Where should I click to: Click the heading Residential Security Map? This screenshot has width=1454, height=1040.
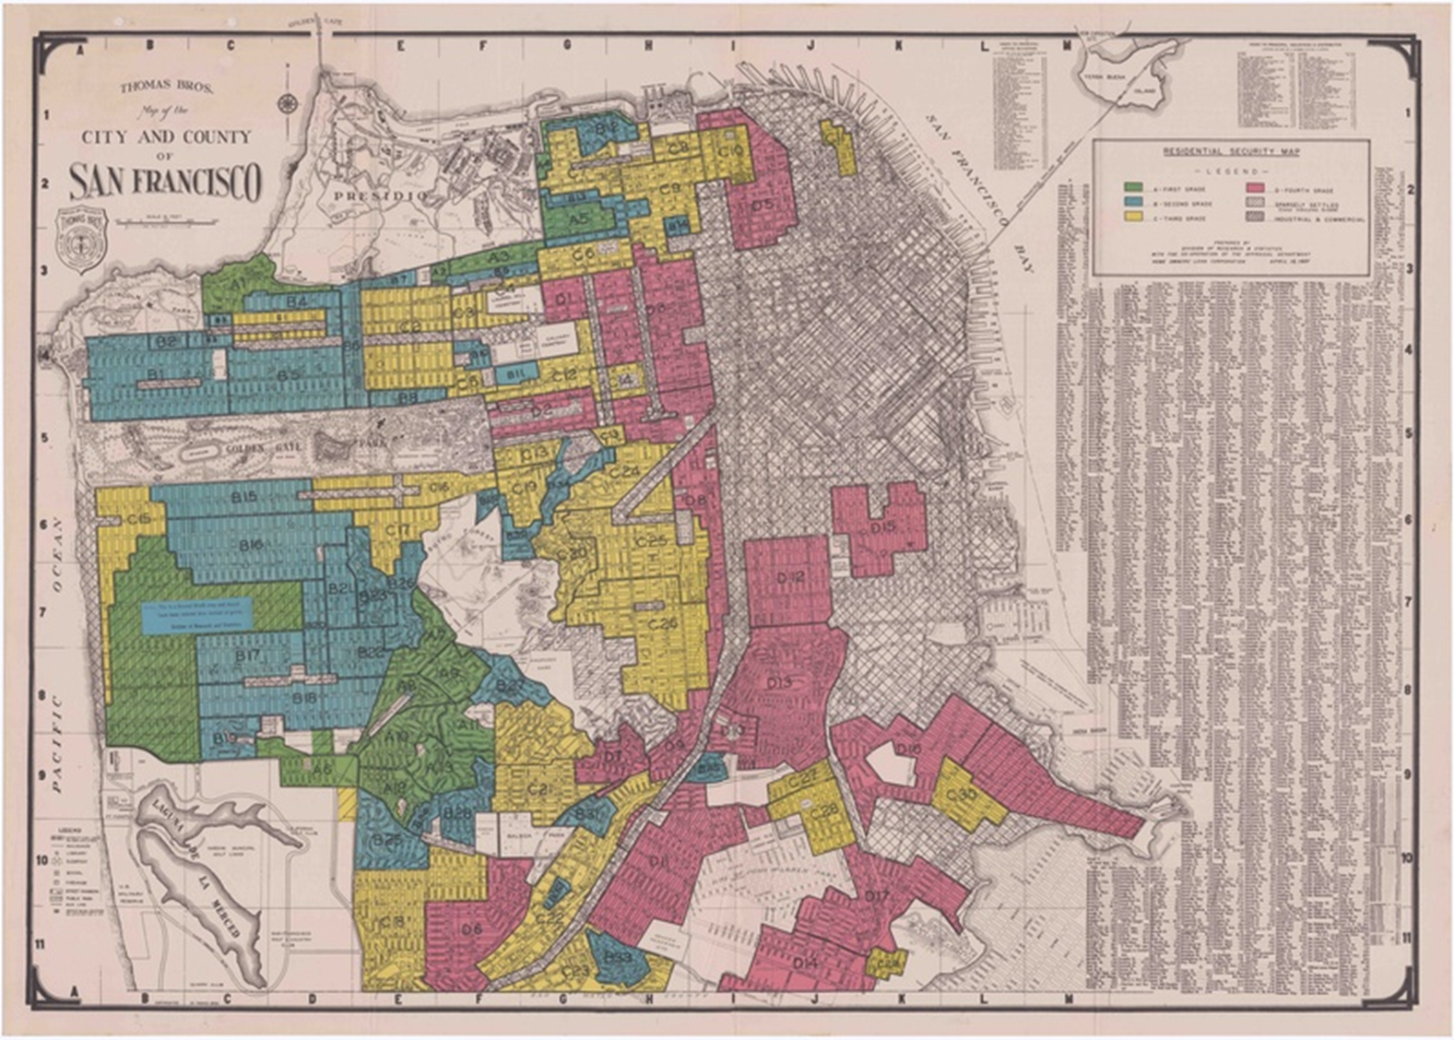(1230, 151)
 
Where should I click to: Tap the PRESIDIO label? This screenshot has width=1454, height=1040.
(368, 196)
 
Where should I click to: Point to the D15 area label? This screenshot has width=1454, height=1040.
(882, 526)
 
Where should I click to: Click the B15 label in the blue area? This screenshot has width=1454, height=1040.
(244, 497)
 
